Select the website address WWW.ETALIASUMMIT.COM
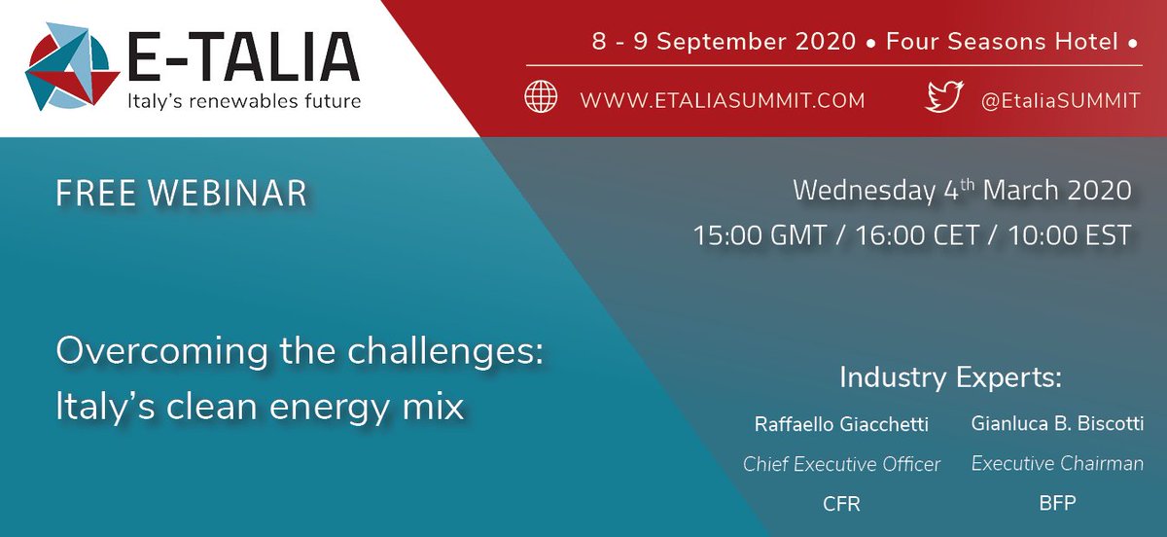722,100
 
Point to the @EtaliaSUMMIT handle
1060,100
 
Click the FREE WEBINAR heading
181,194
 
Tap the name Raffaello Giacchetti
842,424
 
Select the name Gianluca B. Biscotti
1057,424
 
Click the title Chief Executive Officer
842,464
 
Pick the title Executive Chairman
1057,464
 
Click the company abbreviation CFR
842,504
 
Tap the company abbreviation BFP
1057,504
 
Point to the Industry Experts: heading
949,376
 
